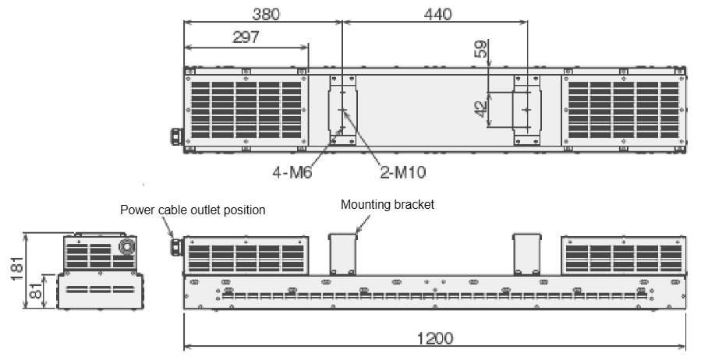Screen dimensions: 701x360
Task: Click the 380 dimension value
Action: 266,14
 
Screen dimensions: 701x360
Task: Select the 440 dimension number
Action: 437,14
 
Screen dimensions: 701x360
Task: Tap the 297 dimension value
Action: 246,37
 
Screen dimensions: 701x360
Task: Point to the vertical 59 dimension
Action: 480,49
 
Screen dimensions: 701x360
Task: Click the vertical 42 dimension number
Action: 480,109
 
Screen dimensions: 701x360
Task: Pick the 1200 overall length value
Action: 434,338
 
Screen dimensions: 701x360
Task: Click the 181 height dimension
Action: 16,268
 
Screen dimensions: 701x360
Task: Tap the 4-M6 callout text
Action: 292,172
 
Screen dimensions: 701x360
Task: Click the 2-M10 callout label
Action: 403,172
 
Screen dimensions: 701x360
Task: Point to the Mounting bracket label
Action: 388,205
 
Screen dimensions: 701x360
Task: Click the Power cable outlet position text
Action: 193,210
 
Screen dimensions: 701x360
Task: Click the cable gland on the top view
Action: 177,136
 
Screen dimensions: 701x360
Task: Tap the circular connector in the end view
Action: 126,246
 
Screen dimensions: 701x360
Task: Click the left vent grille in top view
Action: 246,110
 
